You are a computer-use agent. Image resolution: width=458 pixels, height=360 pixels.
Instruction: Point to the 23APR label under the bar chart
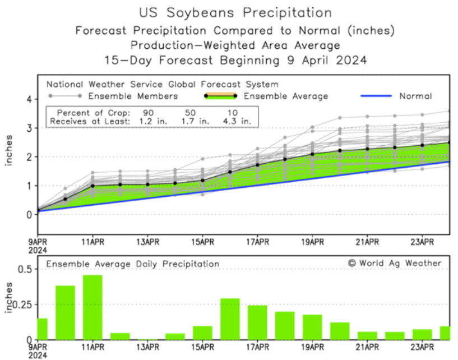422,347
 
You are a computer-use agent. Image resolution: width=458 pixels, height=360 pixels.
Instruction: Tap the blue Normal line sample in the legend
375,96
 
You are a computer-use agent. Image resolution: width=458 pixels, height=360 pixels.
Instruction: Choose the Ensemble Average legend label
286,96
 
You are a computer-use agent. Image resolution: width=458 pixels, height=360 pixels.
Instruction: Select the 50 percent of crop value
190,112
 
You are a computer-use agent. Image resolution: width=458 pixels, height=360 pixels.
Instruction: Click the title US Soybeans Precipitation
235,12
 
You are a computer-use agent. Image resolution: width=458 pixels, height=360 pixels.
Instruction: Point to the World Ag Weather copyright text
395,263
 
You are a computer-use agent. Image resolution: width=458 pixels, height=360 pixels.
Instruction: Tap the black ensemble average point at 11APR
93,186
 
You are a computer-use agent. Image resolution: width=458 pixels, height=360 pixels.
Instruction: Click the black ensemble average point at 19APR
312,154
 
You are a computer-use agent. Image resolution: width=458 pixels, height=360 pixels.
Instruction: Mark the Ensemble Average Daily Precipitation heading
133,264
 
